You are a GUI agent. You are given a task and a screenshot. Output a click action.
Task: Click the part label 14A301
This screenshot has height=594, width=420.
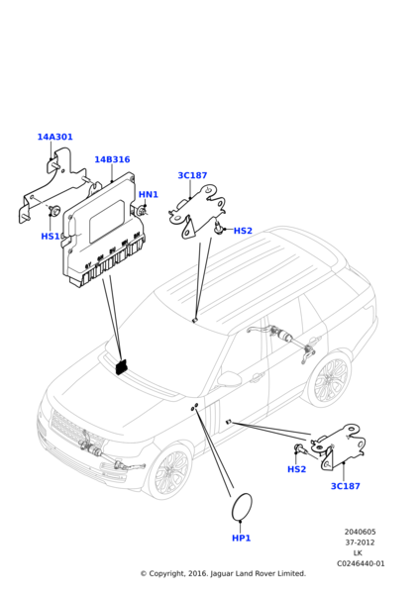coord(54,137)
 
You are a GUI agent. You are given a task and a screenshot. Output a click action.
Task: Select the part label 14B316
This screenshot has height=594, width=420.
coord(112,159)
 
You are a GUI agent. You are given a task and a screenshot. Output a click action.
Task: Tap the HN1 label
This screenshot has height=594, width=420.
coord(149,194)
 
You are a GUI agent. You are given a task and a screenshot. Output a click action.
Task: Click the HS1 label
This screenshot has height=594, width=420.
coord(51,236)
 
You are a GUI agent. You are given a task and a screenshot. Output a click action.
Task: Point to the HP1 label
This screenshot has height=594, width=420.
coord(241,538)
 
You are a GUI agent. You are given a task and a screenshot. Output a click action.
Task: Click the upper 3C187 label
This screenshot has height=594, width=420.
coord(192,175)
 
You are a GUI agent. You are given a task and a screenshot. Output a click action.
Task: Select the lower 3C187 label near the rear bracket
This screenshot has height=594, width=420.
coord(346,486)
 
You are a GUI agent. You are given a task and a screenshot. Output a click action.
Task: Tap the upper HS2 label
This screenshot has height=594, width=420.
coord(243,231)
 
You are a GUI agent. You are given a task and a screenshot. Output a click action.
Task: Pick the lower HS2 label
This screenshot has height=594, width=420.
coord(296,469)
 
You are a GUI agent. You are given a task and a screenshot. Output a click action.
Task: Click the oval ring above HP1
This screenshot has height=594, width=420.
coord(232,508)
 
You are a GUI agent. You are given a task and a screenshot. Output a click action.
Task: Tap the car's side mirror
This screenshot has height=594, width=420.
coord(228,379)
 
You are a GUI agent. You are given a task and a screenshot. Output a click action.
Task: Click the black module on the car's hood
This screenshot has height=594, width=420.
coord(122,366)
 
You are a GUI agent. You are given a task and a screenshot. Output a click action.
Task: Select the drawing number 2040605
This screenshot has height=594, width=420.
coord(360,532)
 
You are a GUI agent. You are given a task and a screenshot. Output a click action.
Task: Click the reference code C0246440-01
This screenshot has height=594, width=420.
coord(361,563)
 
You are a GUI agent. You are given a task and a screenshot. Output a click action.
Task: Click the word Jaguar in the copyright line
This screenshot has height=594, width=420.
coord(222,574)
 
